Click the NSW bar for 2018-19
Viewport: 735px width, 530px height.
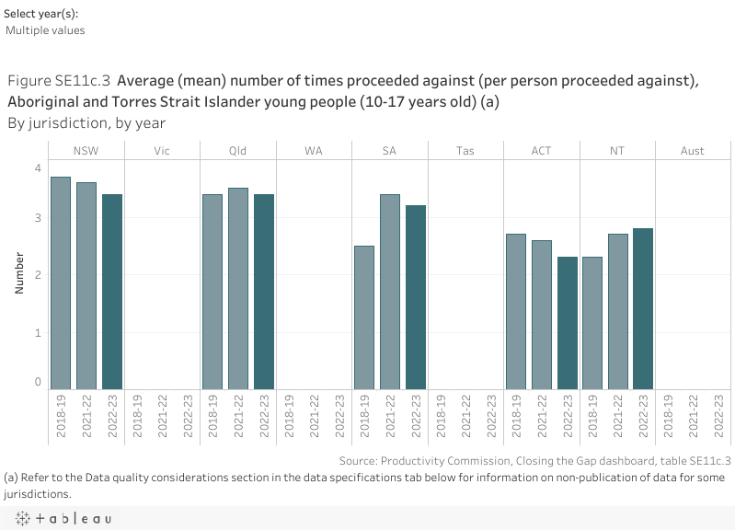pos(61,282)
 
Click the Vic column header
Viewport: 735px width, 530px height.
pos(162,150)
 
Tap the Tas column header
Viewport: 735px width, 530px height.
pos(465,150)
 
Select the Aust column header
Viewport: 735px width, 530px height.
pos(693,150)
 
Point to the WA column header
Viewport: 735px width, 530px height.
pos(314,150)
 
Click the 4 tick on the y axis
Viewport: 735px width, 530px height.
pos(38,167)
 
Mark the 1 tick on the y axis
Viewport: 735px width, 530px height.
pos(38,332)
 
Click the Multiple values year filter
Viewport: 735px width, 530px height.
pos(45,30)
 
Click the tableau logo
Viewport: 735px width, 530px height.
pos(61,519)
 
